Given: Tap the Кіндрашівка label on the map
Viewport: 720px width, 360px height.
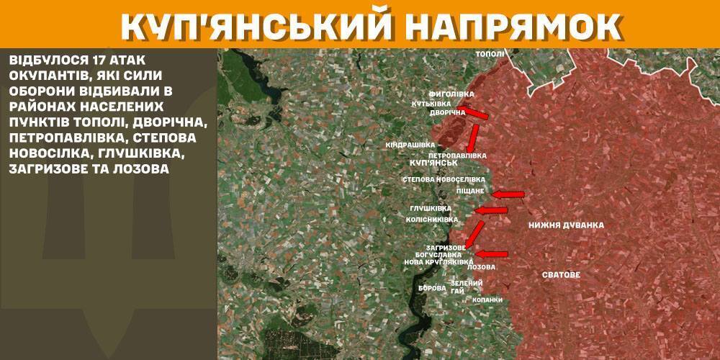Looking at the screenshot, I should point(410,145).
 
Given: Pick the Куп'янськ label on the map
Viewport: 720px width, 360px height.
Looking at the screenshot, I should point(428,164).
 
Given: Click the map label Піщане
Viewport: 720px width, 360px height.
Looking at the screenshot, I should point(470,192).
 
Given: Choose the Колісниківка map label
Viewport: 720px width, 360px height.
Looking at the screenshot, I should point(432,219).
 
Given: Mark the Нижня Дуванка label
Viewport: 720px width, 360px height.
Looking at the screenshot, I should point(566,225).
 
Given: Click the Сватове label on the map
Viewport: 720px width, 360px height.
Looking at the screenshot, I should point(561,275).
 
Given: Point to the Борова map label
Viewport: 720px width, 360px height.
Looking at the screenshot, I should point(432,288).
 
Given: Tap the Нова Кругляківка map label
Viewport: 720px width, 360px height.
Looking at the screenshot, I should point(437,263).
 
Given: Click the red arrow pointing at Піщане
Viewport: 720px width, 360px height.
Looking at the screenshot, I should point(508,194).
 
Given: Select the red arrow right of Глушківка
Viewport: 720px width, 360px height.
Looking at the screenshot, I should point(492,210).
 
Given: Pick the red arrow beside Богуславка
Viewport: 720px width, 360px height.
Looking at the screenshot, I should point(492,253).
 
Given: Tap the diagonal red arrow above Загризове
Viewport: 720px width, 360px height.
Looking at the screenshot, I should point(474,234).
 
